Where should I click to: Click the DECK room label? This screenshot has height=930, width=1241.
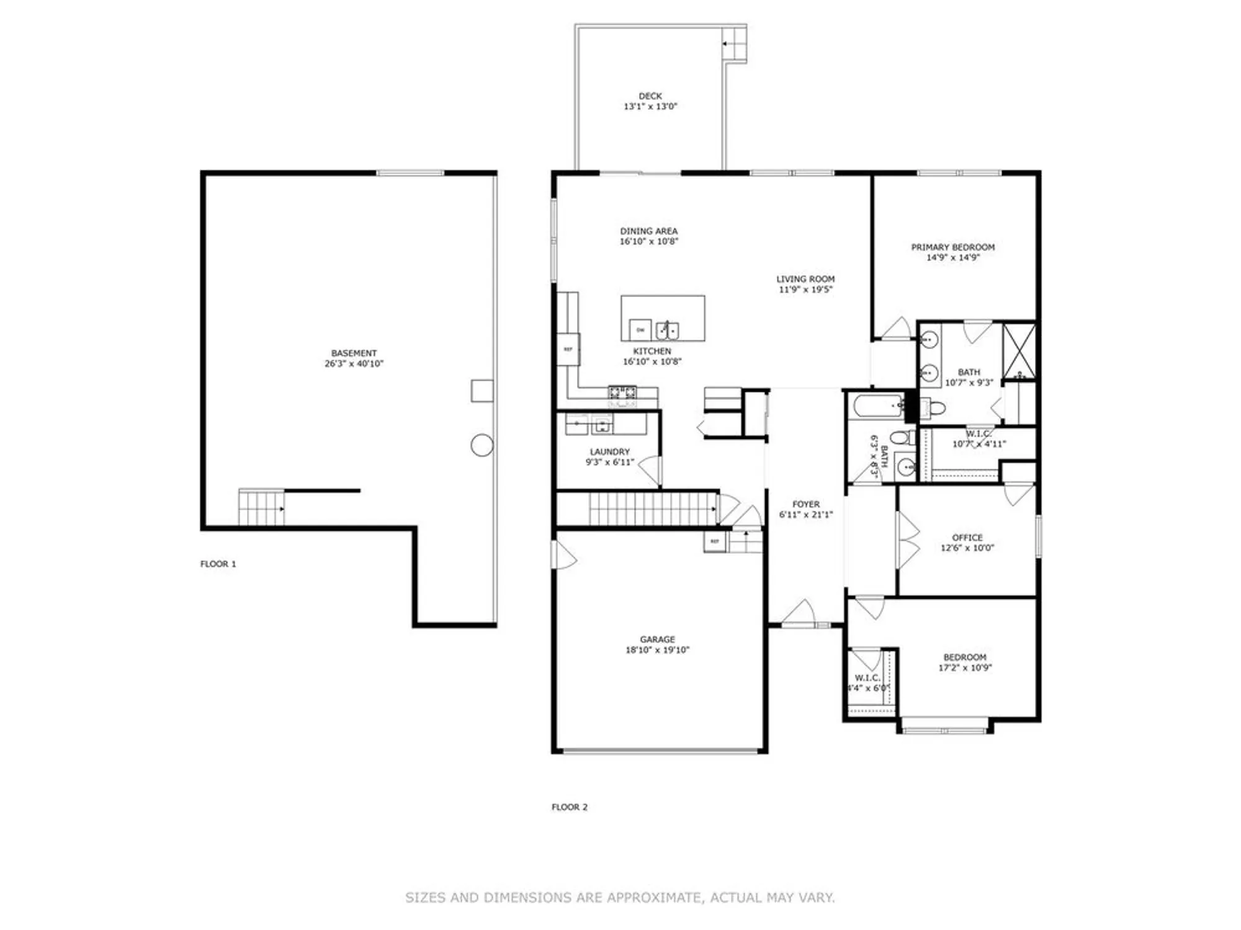[x=650, y=96]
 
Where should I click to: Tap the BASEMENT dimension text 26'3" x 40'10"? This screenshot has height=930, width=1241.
[x=354, y=364]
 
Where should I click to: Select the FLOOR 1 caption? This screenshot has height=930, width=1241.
[x=218, y=564]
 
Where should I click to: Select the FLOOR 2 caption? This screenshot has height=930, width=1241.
[x=569, y=807]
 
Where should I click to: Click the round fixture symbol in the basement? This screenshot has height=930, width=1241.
[x=482, y=445]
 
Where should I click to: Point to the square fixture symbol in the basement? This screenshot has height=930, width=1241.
[x=482, y=391]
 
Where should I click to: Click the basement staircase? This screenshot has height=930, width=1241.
[x=261, y=507]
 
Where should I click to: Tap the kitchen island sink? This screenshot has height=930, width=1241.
[x=667, y=330]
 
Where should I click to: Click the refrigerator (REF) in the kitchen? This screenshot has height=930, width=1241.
[x=568, y=349]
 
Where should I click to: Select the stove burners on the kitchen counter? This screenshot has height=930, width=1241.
[x=622, y=392]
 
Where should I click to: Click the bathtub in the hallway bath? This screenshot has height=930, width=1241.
[x=878, y=407]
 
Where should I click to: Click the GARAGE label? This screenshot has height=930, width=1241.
[x=657, y=639]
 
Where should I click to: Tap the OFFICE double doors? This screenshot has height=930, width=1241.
[x=908, y=539]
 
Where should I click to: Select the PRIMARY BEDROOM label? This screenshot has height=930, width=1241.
[x=952, y=247]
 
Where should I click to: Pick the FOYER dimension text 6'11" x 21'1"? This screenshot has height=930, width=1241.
[x=805, y=515]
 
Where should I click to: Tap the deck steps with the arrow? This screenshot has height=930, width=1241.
[x=735, y=44]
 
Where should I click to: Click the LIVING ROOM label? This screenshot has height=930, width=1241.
[x=805, y=279]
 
